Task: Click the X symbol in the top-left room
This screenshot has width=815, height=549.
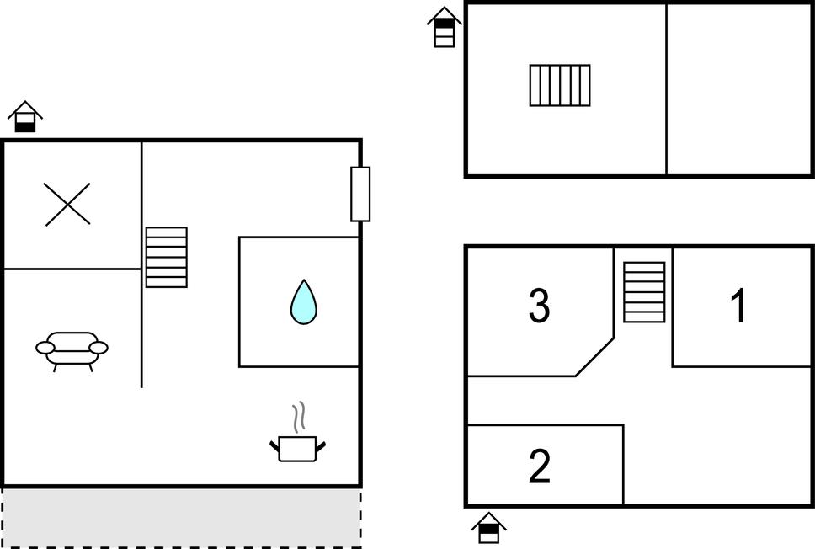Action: pyautogui.click(x=67, y=205)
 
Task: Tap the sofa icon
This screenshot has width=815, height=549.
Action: pyautogui.click(x=72, y=349)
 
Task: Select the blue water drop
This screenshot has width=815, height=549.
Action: pyautogui.click(x=303, y=301)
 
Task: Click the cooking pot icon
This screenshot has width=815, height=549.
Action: pyautogui.click(x=297, y=447)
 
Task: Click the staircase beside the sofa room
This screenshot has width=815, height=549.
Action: pyautogui.click(x=166, y=257)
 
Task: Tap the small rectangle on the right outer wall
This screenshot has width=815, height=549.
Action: pyautogui.click(x=360, y=194)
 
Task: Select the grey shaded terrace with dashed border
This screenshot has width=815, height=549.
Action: pyautogui.click(x=181, y=517)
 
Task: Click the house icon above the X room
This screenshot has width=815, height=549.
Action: pyautogui.click(x=25, y=117)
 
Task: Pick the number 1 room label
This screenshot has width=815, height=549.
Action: pyautogui.click(x=738, y=306)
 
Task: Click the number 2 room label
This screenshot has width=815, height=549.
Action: pyautogui.click(x=539, y=466)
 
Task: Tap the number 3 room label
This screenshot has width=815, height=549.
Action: pyautogui.click(x=539, y=306)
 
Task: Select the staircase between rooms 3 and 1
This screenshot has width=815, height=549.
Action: pyautogui.click(x=644, y=292)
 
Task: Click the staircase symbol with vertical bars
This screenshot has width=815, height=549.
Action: pyautogui.click(x=560, y=85)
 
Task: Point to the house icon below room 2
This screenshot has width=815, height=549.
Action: pyautogui.click(x=488, y=528)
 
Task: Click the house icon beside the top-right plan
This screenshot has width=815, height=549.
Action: pyautogui.click(x=444, y=27)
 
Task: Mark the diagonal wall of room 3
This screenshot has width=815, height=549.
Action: pyautogui.click(x=594, y=357)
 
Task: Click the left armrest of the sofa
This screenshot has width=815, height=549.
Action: pyautogui.click(x=45, y=347)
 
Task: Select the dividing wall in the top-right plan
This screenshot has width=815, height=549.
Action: pyautogui.click(x=666, y=89)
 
